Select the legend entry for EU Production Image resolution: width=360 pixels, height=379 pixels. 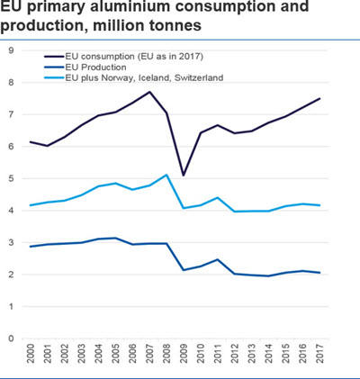[85, 68]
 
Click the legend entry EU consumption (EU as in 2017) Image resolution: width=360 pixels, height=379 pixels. [123, 57]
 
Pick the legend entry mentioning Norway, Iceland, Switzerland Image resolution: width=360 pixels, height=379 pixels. [134, 78]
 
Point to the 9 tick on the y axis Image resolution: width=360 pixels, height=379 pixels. [11, 50]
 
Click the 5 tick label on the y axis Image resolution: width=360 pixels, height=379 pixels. [11, 178]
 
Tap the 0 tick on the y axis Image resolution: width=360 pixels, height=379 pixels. [11, 338]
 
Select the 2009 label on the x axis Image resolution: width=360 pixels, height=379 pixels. [183, 354]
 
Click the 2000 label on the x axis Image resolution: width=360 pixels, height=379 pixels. [31, 354]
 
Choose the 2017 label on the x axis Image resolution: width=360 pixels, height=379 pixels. [319, 354]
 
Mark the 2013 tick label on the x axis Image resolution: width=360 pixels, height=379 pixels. [251, 354]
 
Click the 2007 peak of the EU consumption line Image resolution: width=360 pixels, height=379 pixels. [149, 92]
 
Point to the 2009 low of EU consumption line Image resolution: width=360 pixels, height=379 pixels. [184, 176]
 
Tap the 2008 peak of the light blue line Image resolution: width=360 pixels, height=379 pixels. [166, 175]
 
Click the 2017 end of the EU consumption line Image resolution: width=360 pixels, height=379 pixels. [319, 98]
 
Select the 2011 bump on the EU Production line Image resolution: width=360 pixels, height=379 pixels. [218, 259]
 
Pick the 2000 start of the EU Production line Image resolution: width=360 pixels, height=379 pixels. [31, 247]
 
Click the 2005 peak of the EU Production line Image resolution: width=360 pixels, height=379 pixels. [115, 238]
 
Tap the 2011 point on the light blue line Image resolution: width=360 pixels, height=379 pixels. [218, 197]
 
